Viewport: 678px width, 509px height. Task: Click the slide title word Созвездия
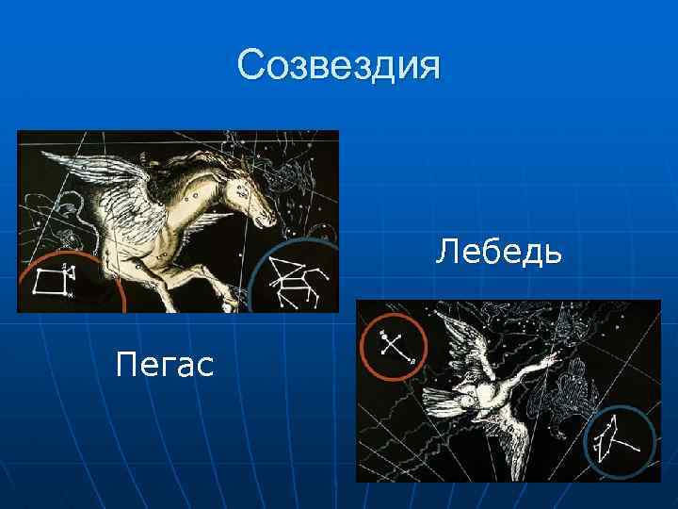pos(338,66)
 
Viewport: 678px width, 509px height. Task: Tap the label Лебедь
pos(499,253)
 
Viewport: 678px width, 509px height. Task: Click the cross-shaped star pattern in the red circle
pos(392,347)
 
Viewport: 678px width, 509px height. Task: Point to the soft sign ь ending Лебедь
pos(554,253)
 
